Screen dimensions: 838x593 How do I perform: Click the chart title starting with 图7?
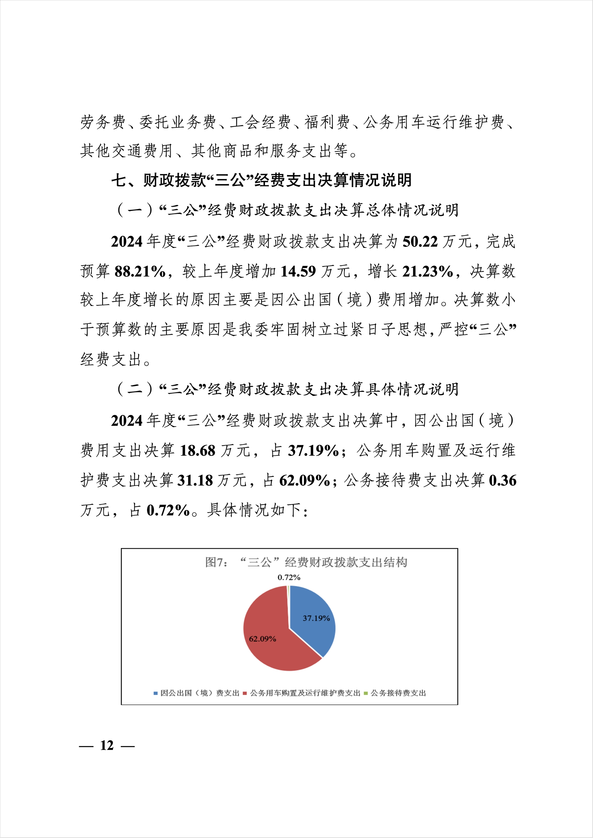[x=306, y=562]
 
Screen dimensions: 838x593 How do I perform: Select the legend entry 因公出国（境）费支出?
[x=199, y=693]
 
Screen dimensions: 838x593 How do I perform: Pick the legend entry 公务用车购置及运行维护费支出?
[x=305, y=693]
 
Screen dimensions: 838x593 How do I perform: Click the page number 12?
[x=107, y=745]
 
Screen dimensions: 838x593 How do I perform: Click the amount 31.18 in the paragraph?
[x=195, y=481]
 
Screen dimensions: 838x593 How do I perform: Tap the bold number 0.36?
[x=503, y=481]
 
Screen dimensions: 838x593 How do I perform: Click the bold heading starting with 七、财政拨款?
[x=262, y=180]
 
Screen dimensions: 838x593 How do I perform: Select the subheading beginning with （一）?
[x=287, y=210]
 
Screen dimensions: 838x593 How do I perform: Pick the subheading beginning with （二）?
[x=287, y=389]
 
